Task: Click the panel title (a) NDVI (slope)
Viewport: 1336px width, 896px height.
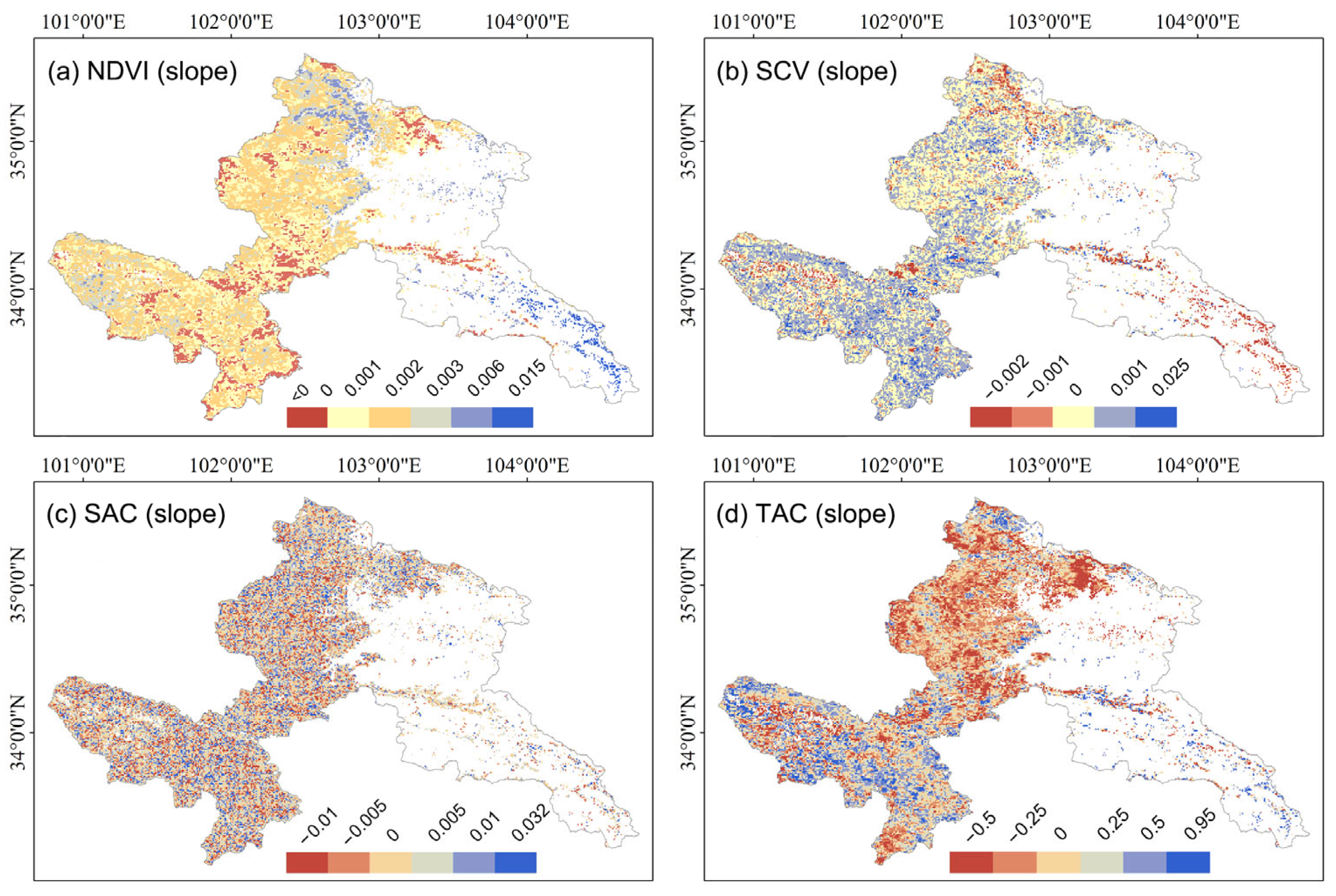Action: pos(142,72)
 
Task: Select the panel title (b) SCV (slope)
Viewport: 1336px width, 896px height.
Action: pos(806,72)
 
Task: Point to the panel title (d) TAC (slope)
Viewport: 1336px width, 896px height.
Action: pos(805,514)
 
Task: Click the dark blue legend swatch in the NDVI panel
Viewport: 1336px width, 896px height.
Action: pos(513,417)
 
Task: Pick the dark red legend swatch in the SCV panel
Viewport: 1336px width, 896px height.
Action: pos(991,417)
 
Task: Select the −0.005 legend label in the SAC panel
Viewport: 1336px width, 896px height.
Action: pos(366,822)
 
